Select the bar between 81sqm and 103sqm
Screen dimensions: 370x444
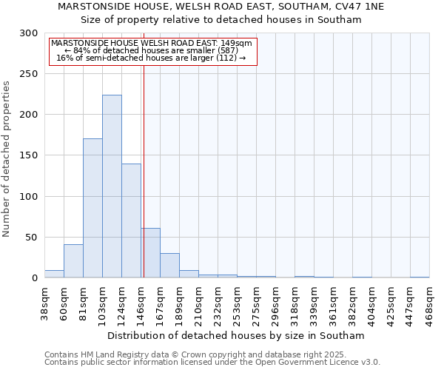coord(92,208)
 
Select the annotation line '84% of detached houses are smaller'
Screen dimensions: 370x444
coord(152,50)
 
